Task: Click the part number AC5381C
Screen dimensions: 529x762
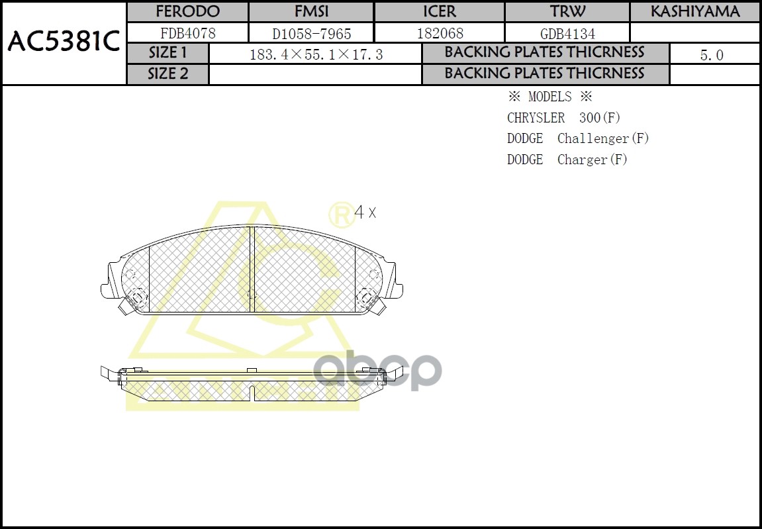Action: point(63,42)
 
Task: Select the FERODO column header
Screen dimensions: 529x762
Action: point(187,12)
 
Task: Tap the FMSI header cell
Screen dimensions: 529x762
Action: point(311,12)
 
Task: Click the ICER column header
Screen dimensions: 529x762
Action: point(440,12)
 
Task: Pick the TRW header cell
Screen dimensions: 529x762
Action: point(567,12)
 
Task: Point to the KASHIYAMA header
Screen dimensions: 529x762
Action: point(695,12)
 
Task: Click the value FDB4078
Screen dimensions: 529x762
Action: point(188,33)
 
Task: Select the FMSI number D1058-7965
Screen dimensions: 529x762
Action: point(311,34)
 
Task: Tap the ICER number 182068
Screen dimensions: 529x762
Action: point(440,33)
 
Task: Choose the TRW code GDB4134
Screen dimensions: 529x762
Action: point(567,34)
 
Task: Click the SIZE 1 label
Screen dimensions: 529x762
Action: point(167,53)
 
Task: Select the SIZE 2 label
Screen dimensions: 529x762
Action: point(167,73)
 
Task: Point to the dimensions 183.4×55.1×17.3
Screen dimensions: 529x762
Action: point(316,54)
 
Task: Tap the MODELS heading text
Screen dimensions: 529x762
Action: point(549,97)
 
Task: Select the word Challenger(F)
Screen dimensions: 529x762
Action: point(603,138)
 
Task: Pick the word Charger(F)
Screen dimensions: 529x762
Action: point(593,160)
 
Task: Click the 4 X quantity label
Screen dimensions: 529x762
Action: point(365,213)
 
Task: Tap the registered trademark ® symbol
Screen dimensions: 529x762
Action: point(340,214)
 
